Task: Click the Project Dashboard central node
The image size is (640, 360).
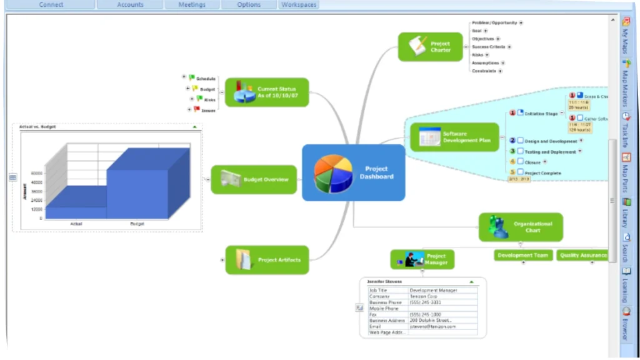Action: pos(353,172)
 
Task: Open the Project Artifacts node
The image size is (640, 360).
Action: pos(267,260)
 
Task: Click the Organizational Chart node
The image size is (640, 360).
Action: pos(521,227)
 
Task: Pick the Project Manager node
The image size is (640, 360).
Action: pos(422,259)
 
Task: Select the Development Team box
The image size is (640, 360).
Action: pos(523,255)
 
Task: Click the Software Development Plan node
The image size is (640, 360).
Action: pos(451,137)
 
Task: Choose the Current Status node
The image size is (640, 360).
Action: pos(267,92)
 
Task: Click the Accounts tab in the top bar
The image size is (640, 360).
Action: pos(130,4)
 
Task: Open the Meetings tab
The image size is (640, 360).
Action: pos(192,4)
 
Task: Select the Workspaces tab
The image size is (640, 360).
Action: pos(299,4)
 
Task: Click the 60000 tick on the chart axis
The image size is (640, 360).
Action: pos(37,173)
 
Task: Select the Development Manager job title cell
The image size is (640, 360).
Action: pos(433,290)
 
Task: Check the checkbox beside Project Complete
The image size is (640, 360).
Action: pos(520,172)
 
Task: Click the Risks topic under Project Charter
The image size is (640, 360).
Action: pos(478,55)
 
